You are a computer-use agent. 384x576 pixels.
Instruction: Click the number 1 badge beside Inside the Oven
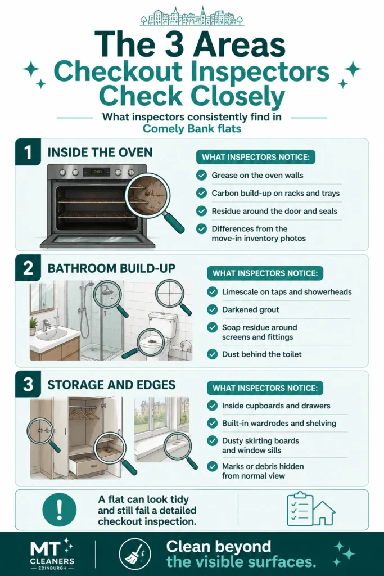point(28,152)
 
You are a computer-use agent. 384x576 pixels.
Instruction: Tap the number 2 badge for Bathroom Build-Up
point(28,268)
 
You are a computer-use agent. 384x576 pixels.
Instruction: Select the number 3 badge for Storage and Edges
point(28,384)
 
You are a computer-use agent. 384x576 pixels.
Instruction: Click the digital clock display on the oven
point(97,172)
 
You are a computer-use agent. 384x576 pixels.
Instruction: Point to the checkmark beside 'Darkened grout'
point(212,310)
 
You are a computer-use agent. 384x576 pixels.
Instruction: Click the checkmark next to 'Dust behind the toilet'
point(212,354)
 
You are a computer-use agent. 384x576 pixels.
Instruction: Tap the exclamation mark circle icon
point(60,510)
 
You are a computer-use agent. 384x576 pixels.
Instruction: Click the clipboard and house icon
point(310,509)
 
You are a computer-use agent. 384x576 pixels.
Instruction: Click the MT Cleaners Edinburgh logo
point(52,554)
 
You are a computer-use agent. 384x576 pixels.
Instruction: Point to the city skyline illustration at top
point(192,16)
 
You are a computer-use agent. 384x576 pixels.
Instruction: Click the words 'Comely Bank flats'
point(192,129)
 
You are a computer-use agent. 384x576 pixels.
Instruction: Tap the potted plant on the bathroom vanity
point(33,326)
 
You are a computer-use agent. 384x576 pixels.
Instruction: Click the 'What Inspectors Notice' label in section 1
point(256,157)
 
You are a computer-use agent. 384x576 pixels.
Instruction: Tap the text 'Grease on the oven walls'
point(257,175)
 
